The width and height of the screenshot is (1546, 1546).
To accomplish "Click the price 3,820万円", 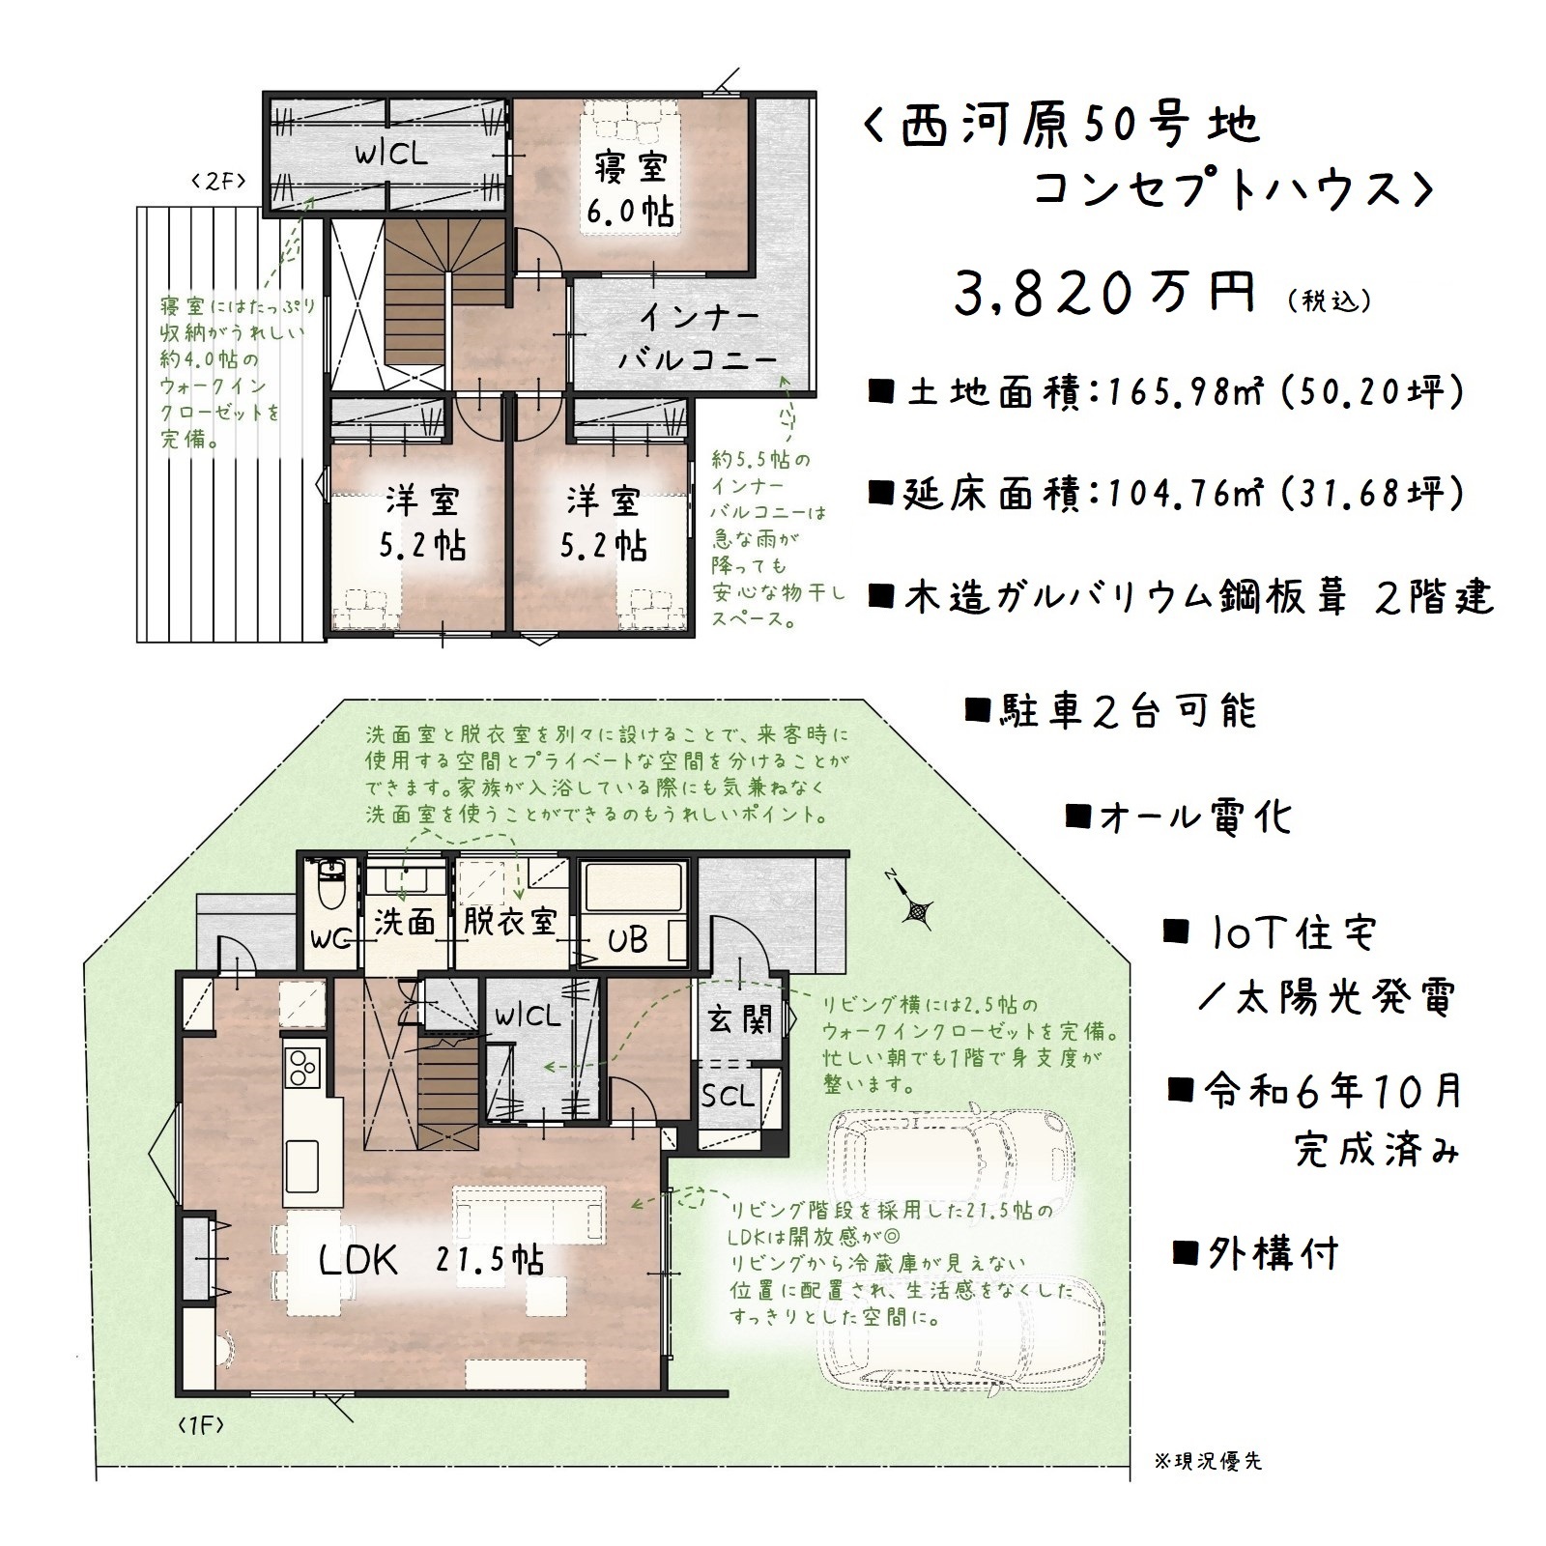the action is click(1105, 293).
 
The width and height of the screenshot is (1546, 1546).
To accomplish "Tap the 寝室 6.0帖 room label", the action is click(632, 187).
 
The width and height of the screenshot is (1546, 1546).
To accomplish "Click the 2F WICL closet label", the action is click(390, 155).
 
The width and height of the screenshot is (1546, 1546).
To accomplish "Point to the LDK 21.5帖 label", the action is click(432, 1260).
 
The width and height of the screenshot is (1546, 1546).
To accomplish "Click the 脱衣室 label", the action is click(509, 921).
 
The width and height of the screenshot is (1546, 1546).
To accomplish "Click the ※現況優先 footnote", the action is click(1208, 1488).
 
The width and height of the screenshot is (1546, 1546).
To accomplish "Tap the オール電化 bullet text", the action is click(1178, 818).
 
